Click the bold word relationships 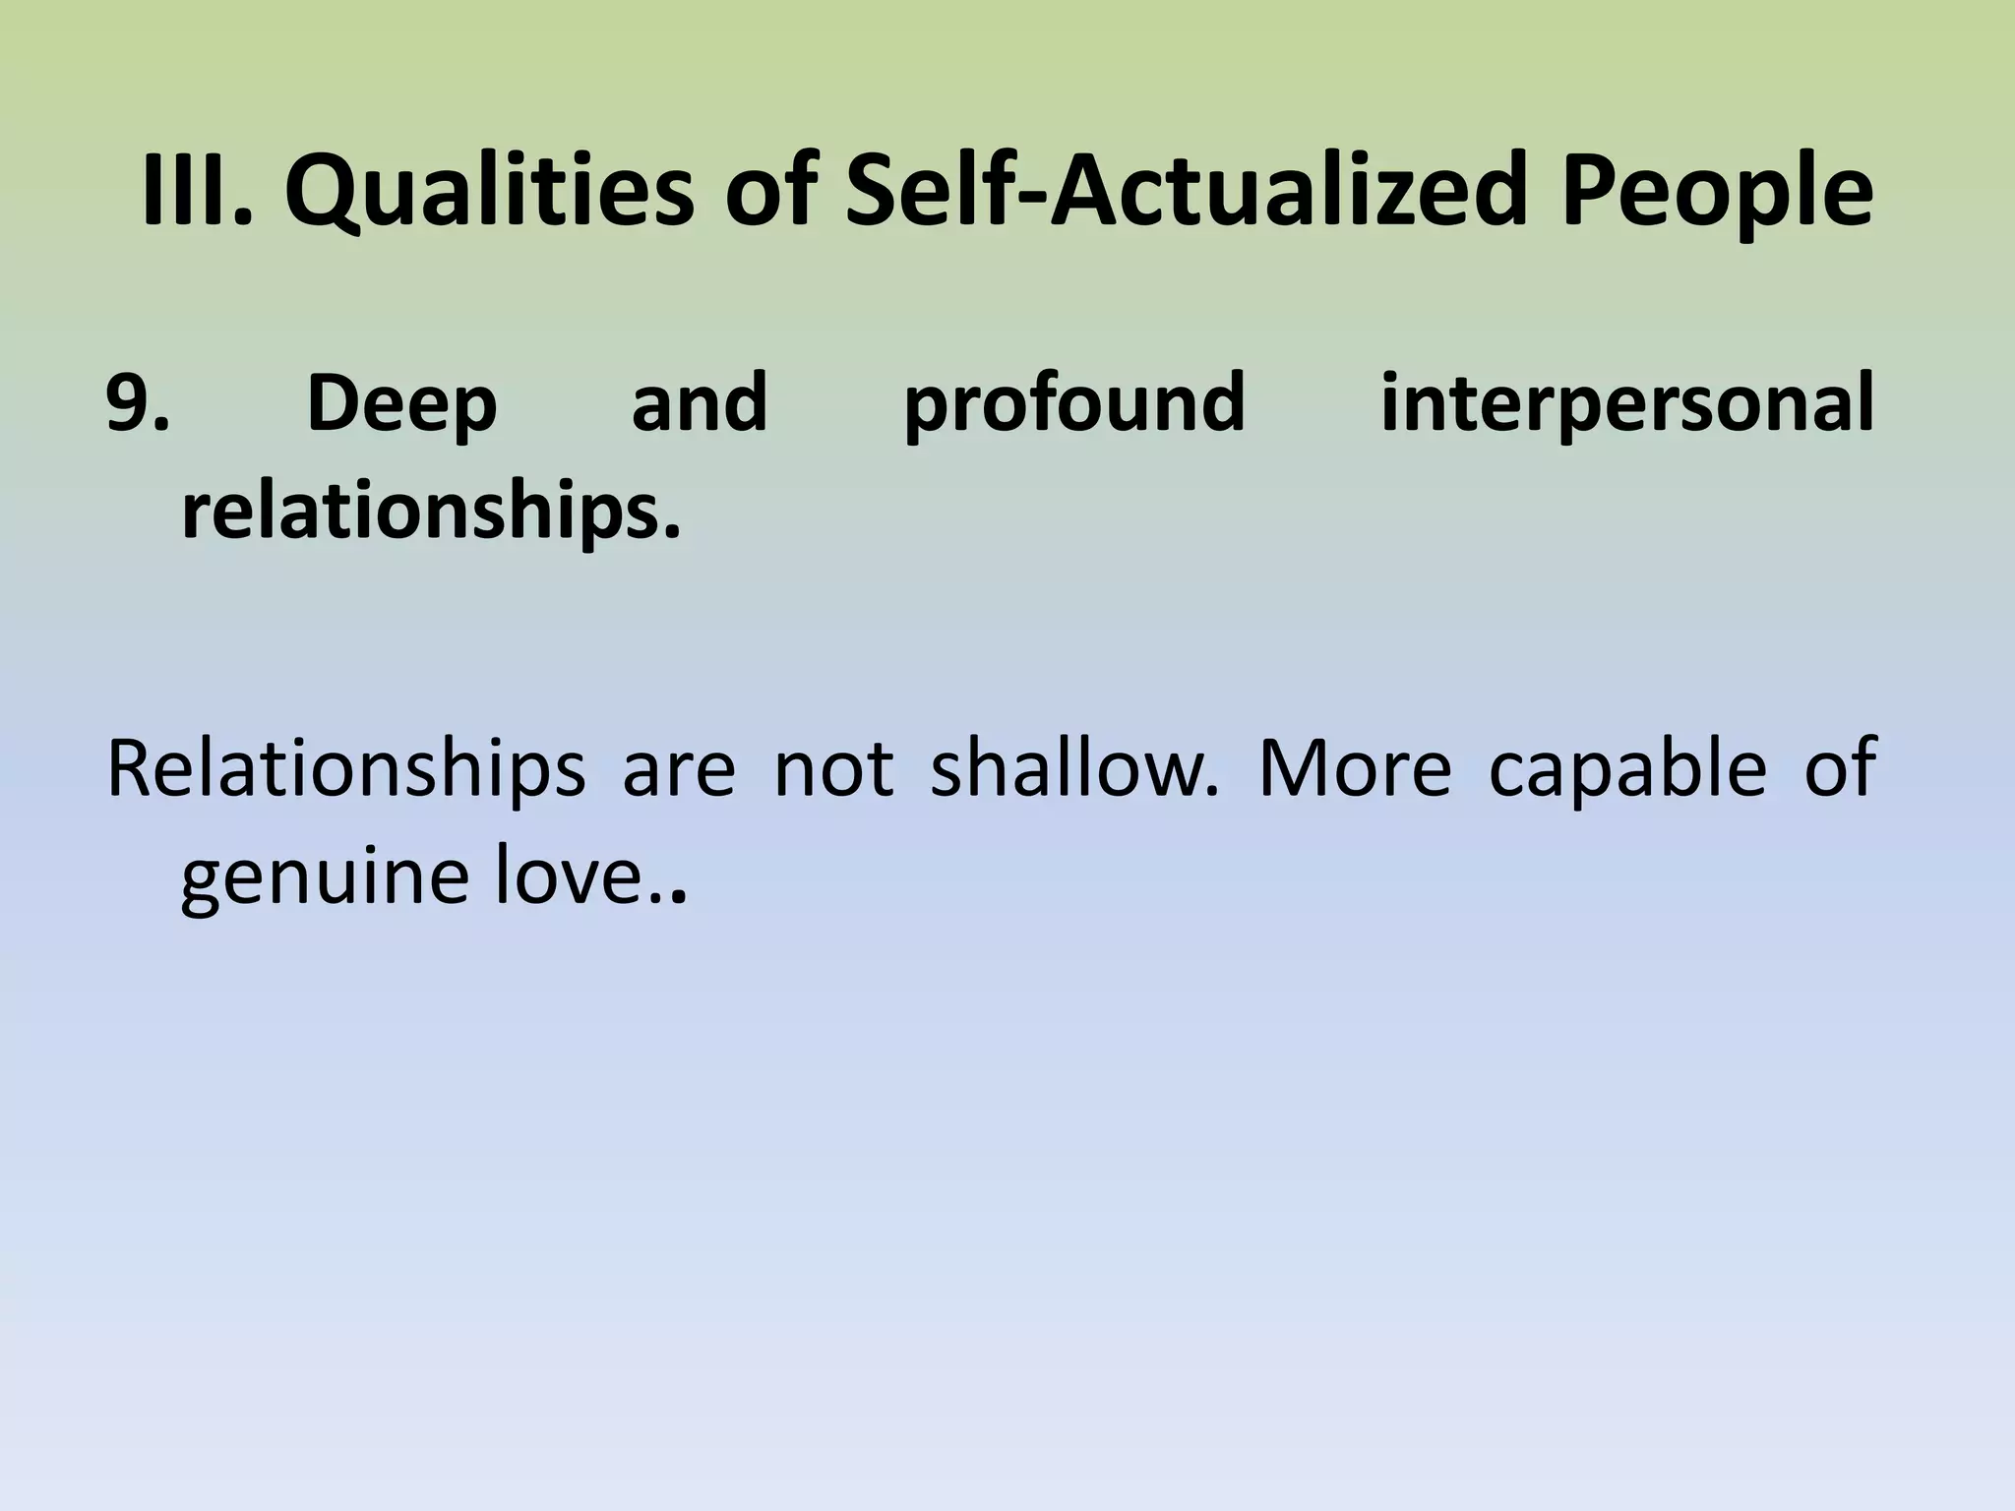[431, 513]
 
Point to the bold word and [700, 402]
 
